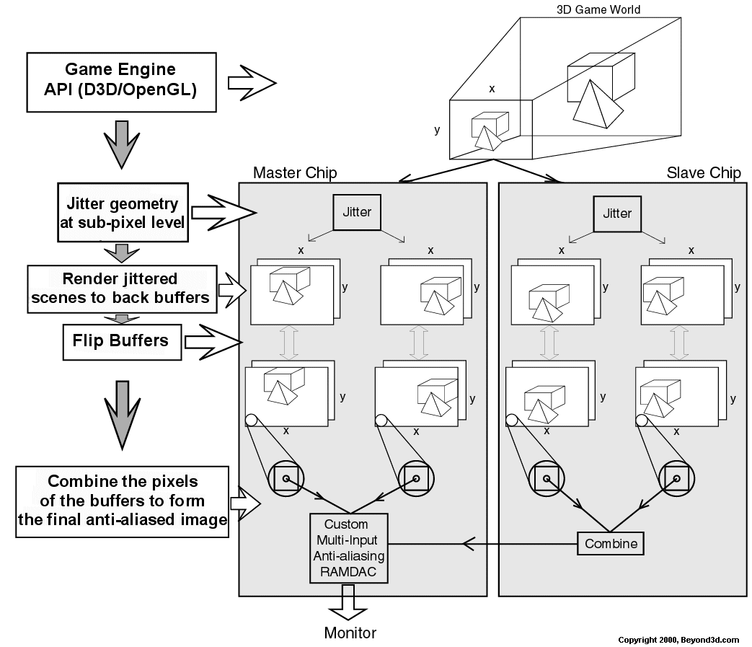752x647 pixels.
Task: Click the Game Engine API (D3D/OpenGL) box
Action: pos(120,81)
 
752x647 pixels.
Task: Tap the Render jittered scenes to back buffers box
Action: pos(122,289)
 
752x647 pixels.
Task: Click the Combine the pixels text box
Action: pos(122,501)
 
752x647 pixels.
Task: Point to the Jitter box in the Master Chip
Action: pos(356,212)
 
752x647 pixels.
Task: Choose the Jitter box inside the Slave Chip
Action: pos(616,214)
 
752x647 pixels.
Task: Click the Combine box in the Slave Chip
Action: pos(611,543)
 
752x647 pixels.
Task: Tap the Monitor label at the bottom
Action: pos(350,633)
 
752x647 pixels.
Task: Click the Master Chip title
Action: pos(295,173)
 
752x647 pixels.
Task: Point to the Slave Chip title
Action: pos(704,173)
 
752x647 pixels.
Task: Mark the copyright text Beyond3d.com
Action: pos(678,640)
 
